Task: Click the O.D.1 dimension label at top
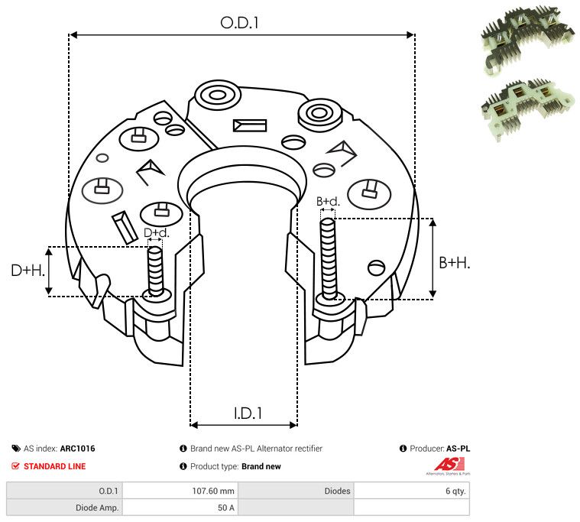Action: [240, 23]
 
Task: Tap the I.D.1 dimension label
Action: [248, 413]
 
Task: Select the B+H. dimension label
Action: [454, 262]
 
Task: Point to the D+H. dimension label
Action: [28, 270]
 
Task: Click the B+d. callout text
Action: [328, 202]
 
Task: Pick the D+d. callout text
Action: [156, 232]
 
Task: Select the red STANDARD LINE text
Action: [54, 466]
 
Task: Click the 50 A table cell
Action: [225, 507]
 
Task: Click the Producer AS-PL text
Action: [434, 449]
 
